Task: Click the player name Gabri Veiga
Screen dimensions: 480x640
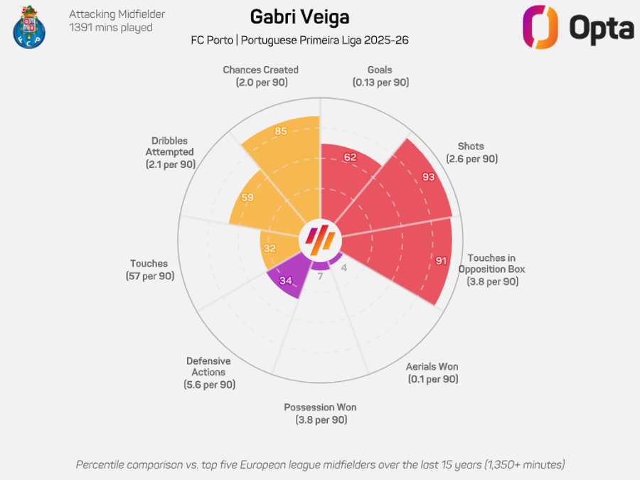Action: [299, 16]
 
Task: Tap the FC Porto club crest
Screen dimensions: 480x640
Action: [28, 26]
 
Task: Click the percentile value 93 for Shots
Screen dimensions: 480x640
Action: [428, 177]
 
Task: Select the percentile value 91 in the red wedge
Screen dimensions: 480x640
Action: [441, 261]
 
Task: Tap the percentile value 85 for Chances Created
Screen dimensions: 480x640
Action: [280, 132]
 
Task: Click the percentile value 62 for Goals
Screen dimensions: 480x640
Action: [350, 157]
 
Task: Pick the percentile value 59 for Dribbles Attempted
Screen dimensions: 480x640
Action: [247, 197]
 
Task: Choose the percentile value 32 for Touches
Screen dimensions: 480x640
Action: [270, 249]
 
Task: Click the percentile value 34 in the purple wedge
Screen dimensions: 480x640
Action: [286, 280]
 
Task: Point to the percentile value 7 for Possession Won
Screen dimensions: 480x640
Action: [320, 276]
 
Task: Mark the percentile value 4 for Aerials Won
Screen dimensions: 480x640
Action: [344, 267]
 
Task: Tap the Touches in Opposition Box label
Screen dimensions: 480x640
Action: [492, 270]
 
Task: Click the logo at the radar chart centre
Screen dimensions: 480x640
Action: [320, 240]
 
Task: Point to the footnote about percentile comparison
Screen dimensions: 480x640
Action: [320, 464]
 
